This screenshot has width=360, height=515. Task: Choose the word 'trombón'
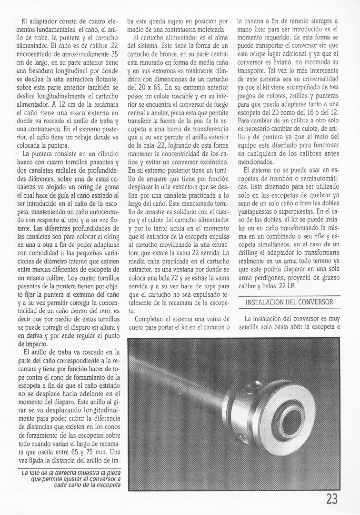(x=285, y=182)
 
